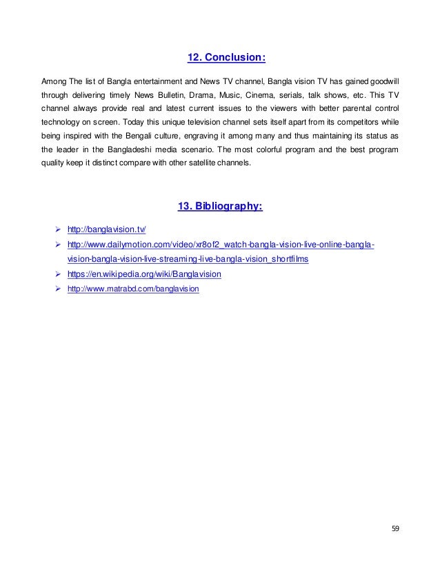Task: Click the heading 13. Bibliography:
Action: [x=220, y=205]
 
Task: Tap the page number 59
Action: [x=395, y=528]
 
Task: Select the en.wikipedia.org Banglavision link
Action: [x=144, y=274]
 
